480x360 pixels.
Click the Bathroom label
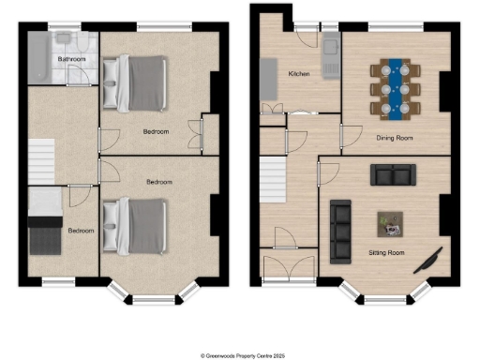pos(72,59)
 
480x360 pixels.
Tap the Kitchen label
pos(298,73)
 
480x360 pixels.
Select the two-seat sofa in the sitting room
pos(394,174)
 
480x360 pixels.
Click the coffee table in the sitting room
pos(390,224)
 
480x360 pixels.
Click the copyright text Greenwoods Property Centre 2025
pos(240,355)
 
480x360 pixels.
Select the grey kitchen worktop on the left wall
pos(266,77)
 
